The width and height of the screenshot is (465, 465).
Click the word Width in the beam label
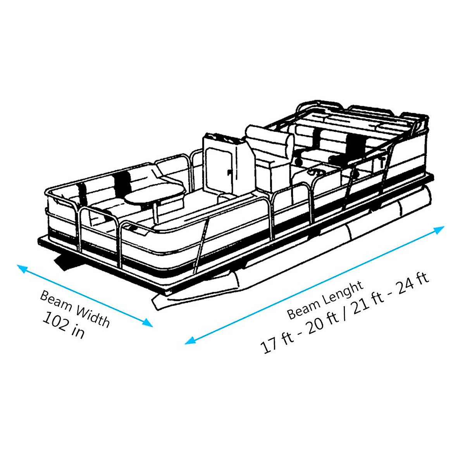(x=92, y=316)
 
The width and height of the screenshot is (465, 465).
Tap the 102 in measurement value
(x=63, y=325)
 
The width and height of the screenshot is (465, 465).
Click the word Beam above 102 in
(x=55, y=301)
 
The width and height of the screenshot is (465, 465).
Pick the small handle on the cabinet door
(x=229, y=171)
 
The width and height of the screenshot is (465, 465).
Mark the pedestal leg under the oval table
(x=156, y=213)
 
